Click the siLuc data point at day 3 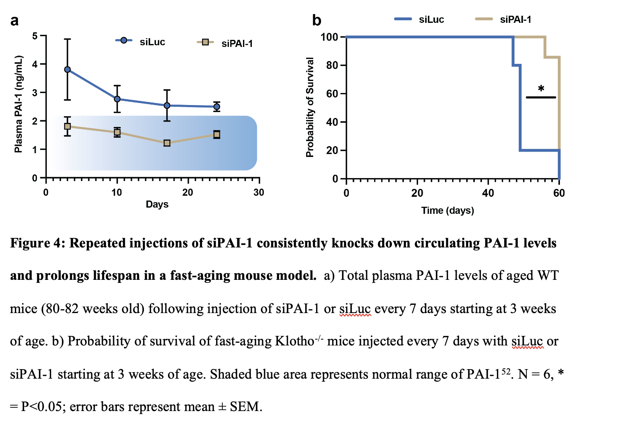tap(67, 69)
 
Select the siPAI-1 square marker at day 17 tap(167, 143)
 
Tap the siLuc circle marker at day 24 tap(217, 107)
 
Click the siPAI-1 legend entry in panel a tap(236, 44)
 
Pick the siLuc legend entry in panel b tap(431, 20)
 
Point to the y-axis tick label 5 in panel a tap(35, 36)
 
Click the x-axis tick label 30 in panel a tap(258, 193)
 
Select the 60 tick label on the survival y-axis tap(332, 94)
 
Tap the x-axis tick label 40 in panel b tap(488, 193)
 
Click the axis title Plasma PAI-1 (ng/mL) tap(18, 104)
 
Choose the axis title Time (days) tap(447, 210)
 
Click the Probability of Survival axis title tap(309, 107)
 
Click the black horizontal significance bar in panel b tap(540, 98)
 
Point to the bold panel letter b tap(316, 20)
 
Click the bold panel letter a tap(15, 20)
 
